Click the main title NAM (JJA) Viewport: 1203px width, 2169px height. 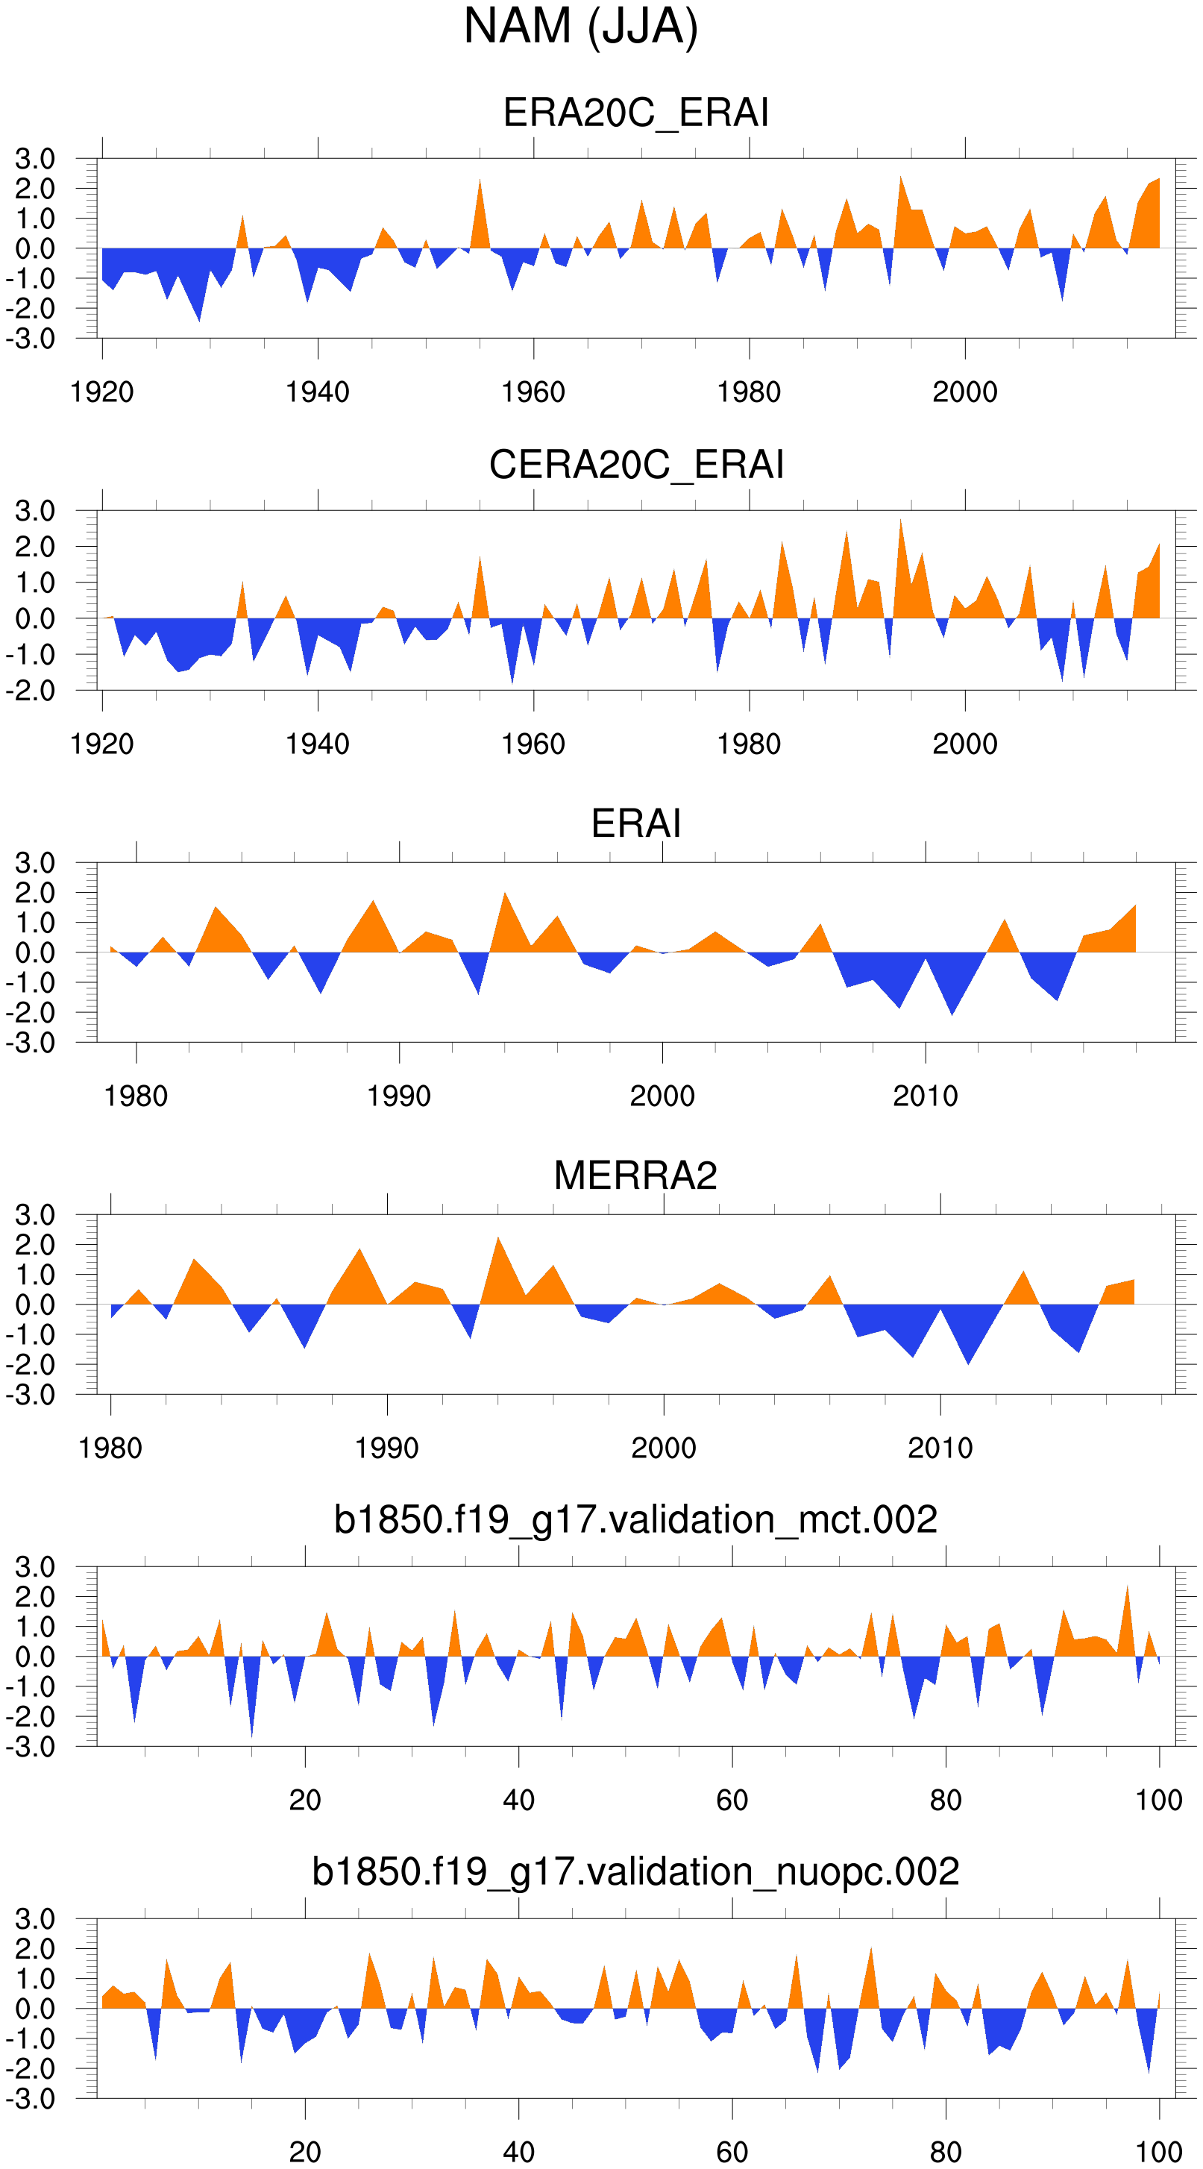tap(581, 27)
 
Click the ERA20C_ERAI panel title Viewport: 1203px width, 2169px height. tap(635, 113)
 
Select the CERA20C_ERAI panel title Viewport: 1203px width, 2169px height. tap(635, 465)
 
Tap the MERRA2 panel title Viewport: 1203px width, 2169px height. tap(635, 1175)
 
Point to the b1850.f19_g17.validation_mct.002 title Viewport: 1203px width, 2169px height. tap(635, 1520)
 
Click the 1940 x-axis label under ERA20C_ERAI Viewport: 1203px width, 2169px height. tap(318, 392)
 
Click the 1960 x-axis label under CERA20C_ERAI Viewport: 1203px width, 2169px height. tap(533, 744)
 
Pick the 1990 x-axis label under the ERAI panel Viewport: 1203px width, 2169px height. tap(399, 1096)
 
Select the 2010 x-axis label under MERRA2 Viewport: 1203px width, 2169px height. tap(940, 1448)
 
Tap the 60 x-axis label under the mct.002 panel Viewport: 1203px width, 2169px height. tap(732, 1801)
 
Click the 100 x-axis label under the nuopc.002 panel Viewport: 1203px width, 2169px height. tap(1158, 2152)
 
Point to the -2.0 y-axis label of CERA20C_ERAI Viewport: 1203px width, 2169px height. tap(31, 691)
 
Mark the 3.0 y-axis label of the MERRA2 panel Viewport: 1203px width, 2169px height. tap(34, 1215)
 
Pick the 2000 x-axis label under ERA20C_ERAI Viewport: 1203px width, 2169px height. tap(965, 392)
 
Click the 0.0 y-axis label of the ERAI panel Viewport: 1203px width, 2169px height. tap(34, 953)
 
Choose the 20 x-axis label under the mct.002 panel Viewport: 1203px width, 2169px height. tap(305, 1801)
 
